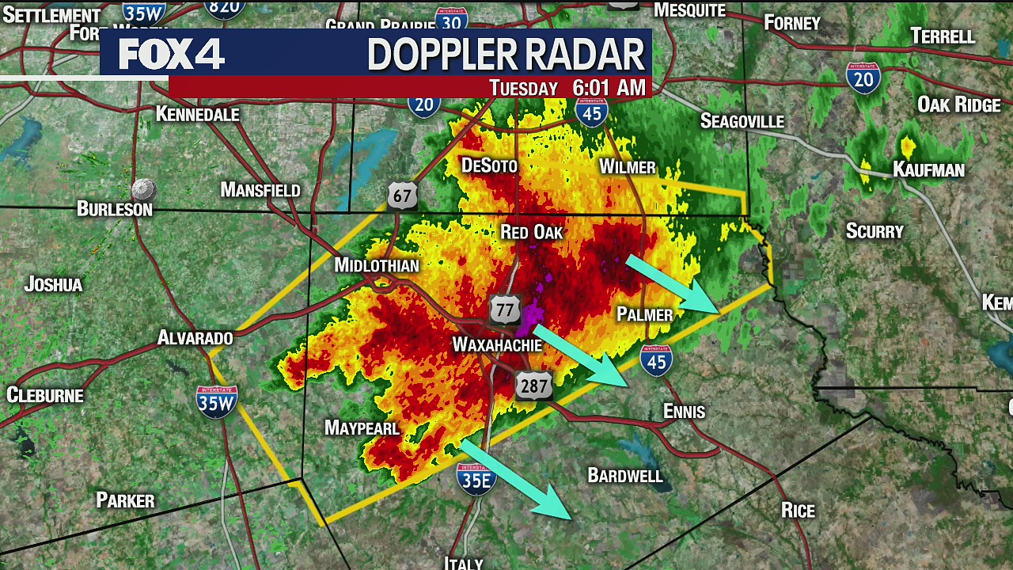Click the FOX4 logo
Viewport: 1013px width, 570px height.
pyautogui.click(x=171, y=54)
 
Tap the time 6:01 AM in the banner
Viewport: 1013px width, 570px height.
pyautogui.click(x=609, y=88)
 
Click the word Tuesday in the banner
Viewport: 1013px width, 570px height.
pyautogui.click(x=523, y=88)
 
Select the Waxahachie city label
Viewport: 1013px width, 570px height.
pyautogui.click(x=497, y=345)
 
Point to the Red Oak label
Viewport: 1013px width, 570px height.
pyautogui.click(x=532, y=232)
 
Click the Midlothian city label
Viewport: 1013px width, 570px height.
pyautogui.click(x=377, y=265)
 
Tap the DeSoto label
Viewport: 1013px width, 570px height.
pyautogui.click(x=489, y=165)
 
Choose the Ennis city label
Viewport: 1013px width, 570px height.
pyautogui.click(x=684, y=412)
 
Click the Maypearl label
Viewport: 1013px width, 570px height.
pyautogui.click(x=362, y=428)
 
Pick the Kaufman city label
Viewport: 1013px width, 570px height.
pyautogui.click(x=928, y=169)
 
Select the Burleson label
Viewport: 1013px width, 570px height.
pyautogui.click(x=115, y=209)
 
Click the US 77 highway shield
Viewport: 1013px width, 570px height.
pyautogui.click(x=504, y=309)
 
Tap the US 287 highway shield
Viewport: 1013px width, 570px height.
pyautogui.click(x=533, y=386)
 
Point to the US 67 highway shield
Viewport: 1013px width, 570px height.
pyautogui.click(x=402, y=195)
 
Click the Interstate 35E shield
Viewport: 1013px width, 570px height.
pyautogui.click(x=476, y=479)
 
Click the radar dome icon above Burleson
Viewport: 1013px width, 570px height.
pyautogui.click(x=143, y=189)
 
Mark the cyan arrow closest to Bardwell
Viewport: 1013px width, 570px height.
pyautogui.click(x=516, y=480)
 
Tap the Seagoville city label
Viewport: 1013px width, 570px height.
pyautogui.click(x=742, y=121)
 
